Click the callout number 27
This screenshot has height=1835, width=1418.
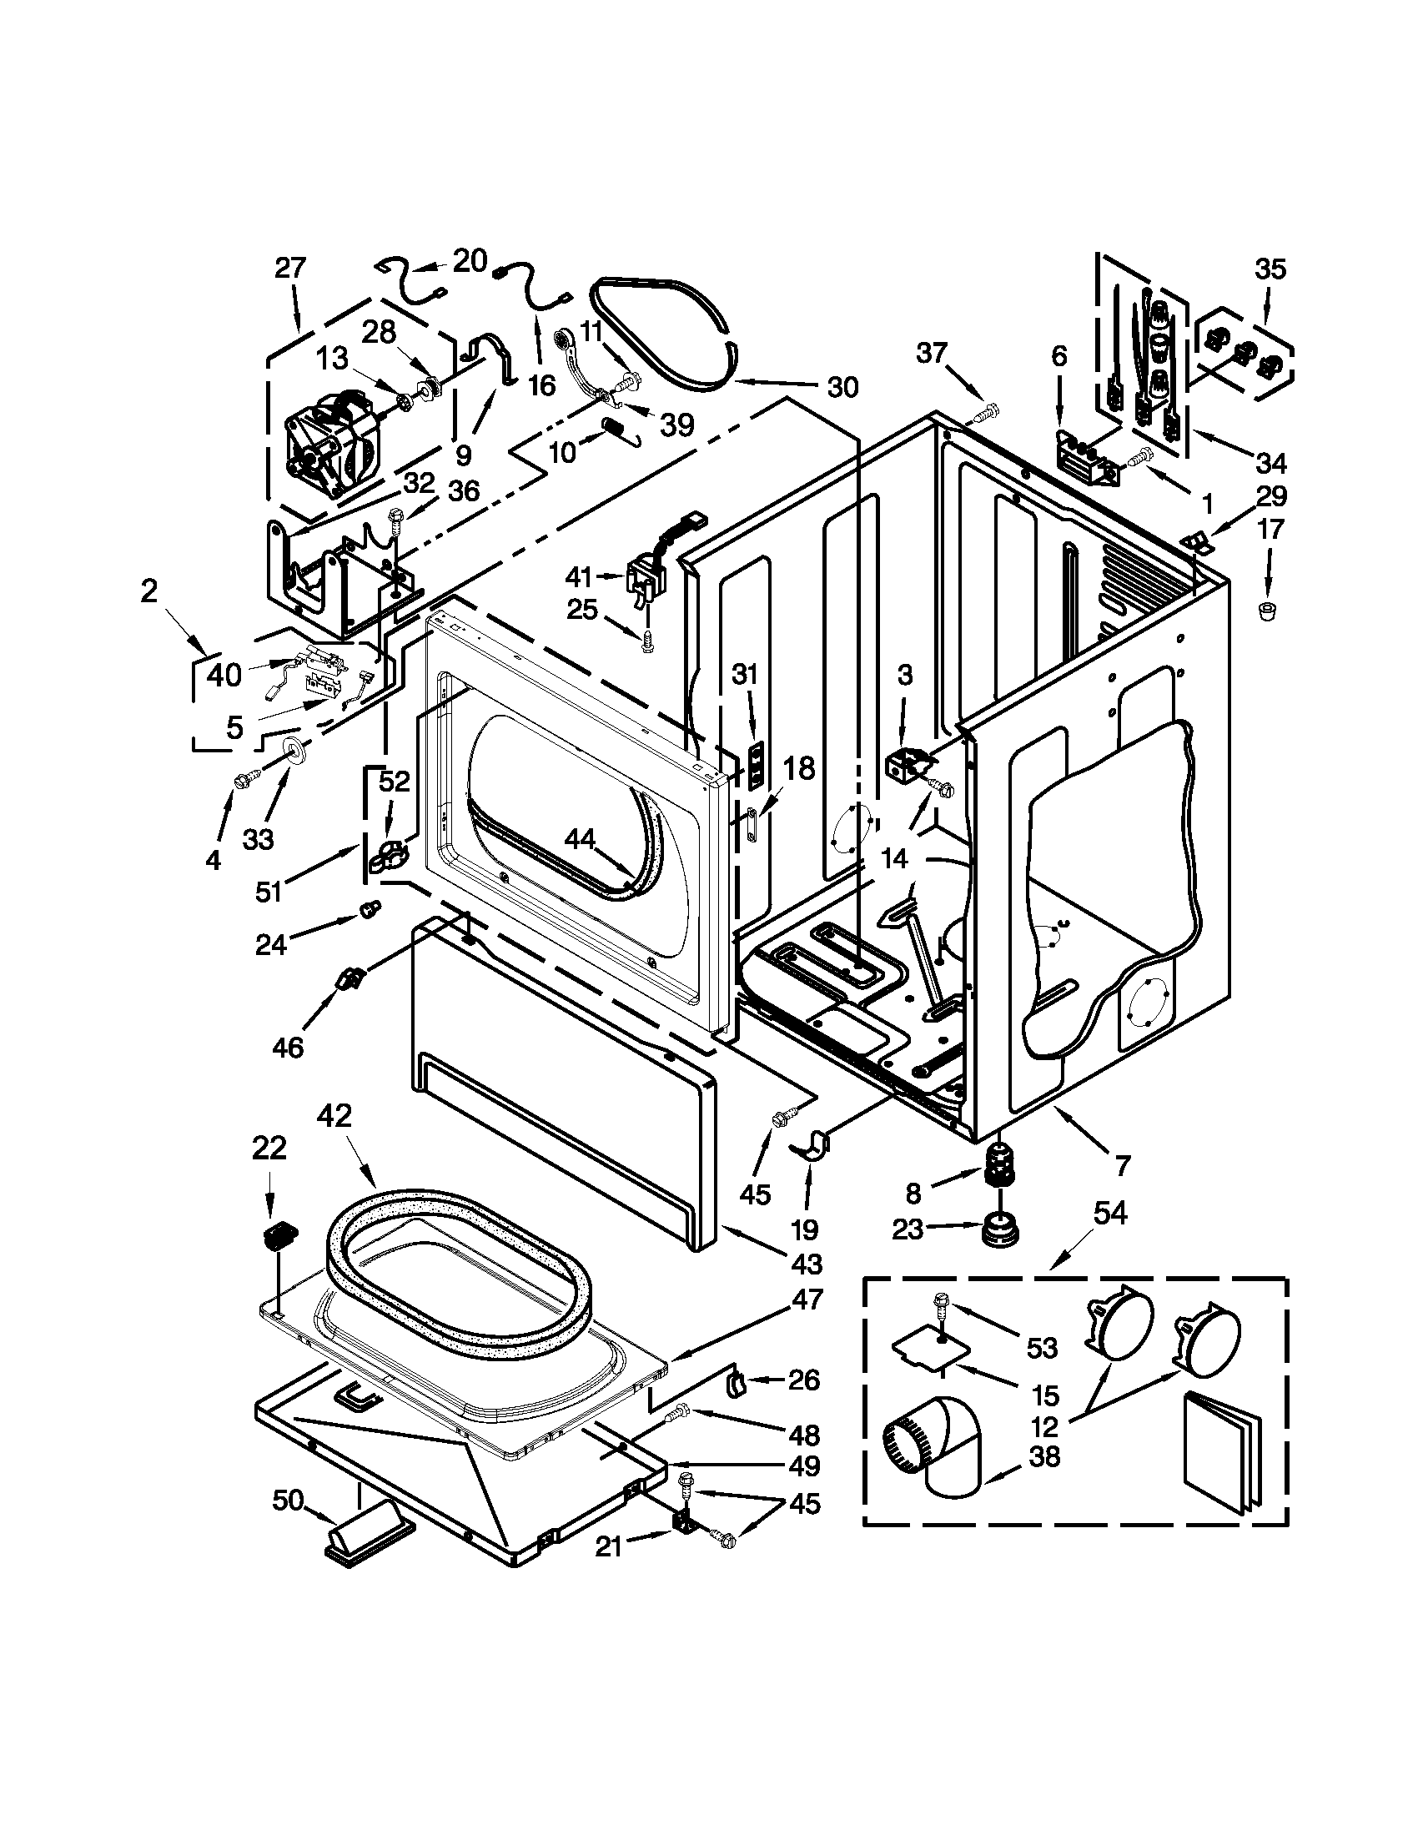(x=290, y=269)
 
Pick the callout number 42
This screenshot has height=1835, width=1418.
(x=334, y=1116)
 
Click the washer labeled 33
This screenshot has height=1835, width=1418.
(x=294, y=748)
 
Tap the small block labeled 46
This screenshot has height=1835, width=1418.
(x=349, y=979)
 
